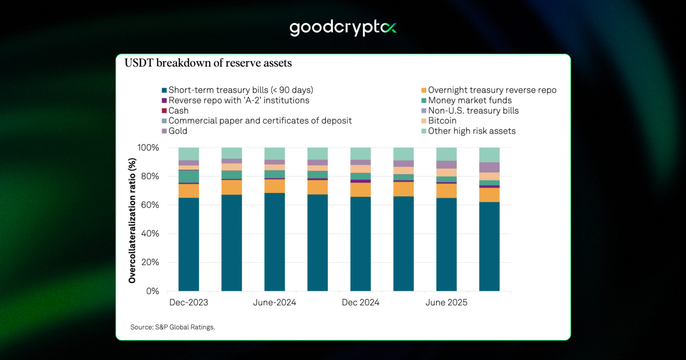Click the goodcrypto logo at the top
tap(343, 28)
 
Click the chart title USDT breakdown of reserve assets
tap(208, 63)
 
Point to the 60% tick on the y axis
tap(150, 205)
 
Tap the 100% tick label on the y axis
tap(148, 148)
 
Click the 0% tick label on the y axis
tap(152, 291)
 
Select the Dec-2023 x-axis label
tap(189, 302)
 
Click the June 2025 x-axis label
tap(446, 302)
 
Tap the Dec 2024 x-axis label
tap(361, 302)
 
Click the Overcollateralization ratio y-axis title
tap(132, 221)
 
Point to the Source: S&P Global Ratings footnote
tap(173, 327)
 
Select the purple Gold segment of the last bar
tap(489, 167)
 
